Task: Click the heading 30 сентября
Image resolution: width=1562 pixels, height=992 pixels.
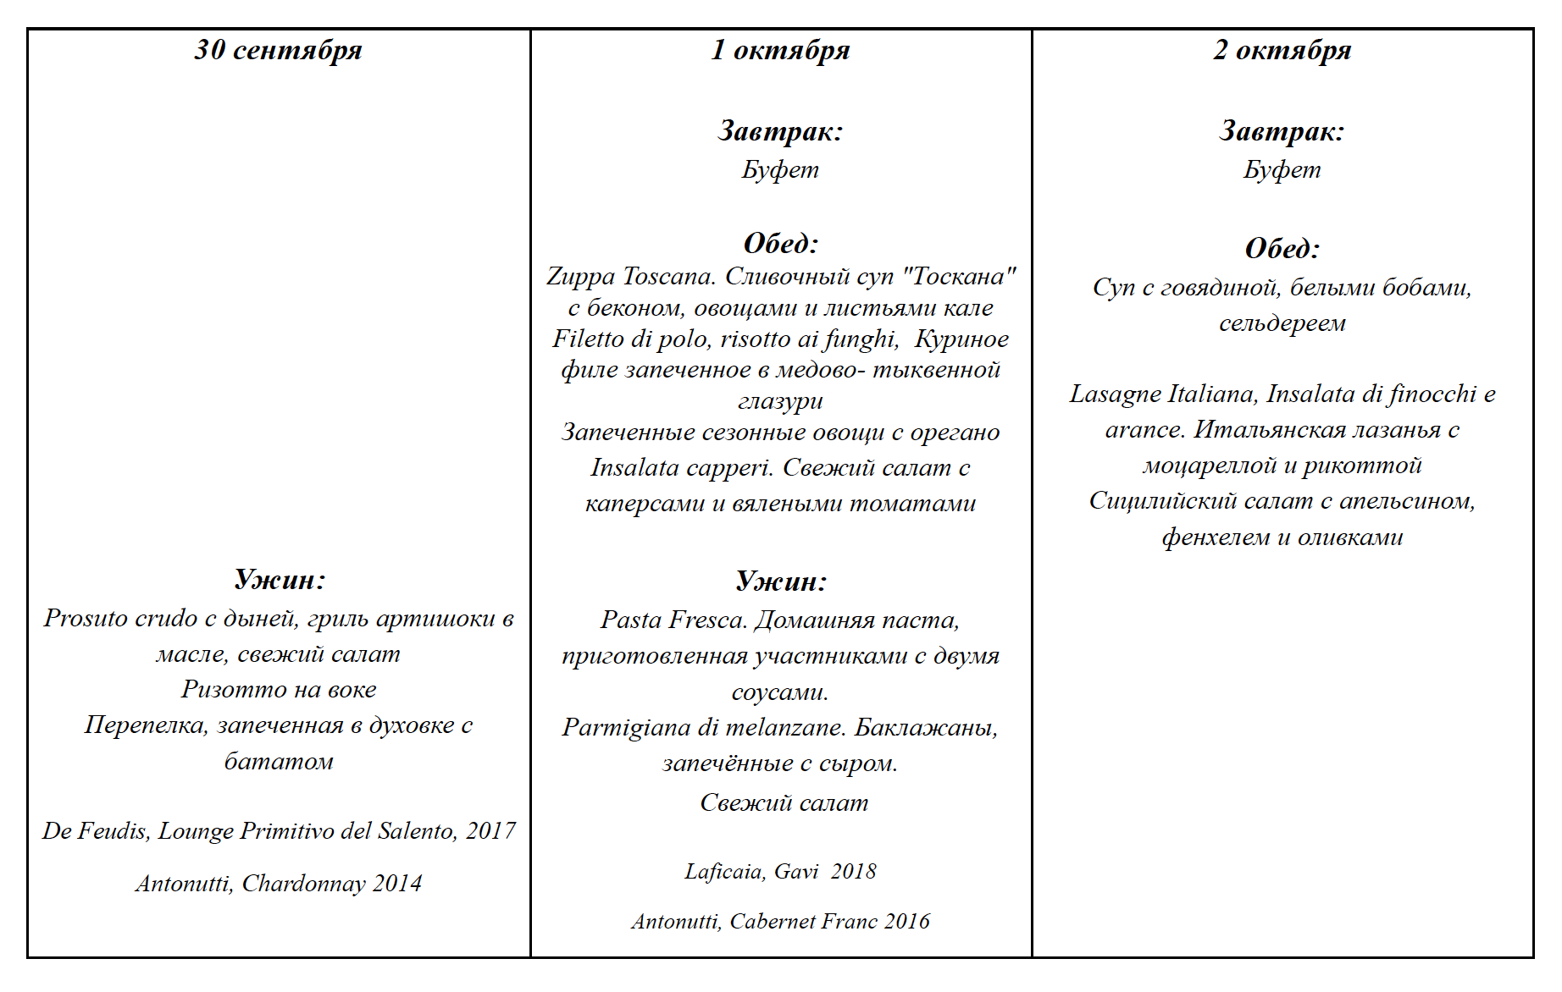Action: pyautogui.click(x=278, y=51)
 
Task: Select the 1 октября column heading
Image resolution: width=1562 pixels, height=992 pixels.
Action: pyautogui.click(x=780, y=51)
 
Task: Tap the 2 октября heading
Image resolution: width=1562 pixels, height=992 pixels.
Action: pyautogui.click(x=1282, y=51)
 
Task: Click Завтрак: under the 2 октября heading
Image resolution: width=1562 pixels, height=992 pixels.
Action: pyautogui.click(x=1282, y=131)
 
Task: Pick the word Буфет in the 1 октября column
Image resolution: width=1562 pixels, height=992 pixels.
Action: pyautogui.click(x=780, y=170)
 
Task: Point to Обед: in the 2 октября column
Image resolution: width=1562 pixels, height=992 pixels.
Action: pyautogui.click(x=1282, y=249)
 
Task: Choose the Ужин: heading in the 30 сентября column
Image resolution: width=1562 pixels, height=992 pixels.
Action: pyautogui.click(x=280, y=580)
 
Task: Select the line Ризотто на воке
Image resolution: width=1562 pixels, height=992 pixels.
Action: pyautogui.click(x=279, y=690)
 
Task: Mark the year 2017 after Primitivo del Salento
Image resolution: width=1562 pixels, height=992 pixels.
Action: pyautogui.click(x=490, y=831)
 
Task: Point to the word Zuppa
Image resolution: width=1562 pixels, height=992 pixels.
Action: pyautogui.click(x=580, y=277)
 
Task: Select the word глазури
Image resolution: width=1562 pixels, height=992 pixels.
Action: pyautogui.click(x=780, y=401)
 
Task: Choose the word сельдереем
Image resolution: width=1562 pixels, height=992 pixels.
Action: pyautogui.click(x=1282, y=323)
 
